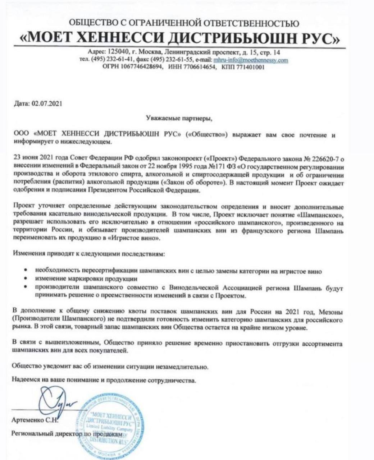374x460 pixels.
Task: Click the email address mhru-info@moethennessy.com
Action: pos(251,60)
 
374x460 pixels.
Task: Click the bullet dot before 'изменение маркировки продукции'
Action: pos(26,279)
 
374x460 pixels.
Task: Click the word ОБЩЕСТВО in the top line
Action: pos(94,23)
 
